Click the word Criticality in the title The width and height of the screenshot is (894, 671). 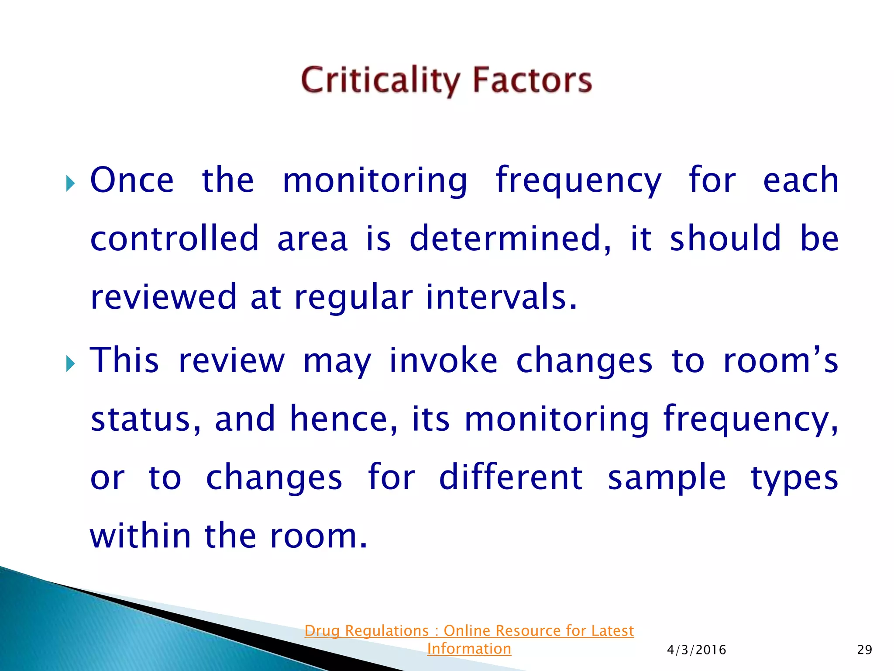coord(380,81)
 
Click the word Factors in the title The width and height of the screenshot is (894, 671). coord(532,81)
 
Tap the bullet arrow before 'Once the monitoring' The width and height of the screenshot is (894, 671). coord(71,183)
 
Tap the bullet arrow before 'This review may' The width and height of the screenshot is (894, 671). coord(71,363)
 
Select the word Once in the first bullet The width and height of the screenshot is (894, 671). coord(132,180)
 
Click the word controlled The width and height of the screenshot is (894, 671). coord(175,239)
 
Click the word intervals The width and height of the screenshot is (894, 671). coord(501,297)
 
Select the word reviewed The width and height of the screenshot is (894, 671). coord(163,297)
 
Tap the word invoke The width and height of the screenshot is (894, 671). coord(443,361)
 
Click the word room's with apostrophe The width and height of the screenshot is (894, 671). coord(781,361)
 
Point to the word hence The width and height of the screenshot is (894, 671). coord(343,419)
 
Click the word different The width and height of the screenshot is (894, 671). coord(510,477)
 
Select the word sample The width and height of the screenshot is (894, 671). coord(667,477)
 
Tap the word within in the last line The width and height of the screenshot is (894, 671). coord(140,536)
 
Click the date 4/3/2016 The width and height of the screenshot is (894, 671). coord(696,650)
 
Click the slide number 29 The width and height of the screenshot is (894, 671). coord(864,650)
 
